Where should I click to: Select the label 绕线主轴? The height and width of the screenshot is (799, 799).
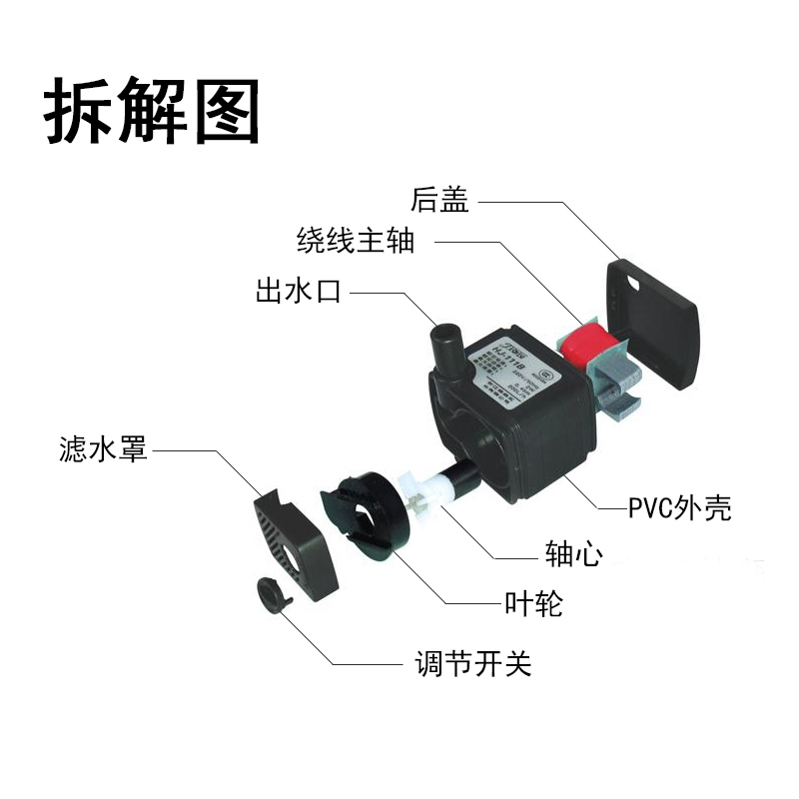[x=355, y=241]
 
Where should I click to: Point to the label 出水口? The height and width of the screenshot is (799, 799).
[x=299, y=293]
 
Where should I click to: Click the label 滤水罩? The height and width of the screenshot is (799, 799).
[x=102, y=450]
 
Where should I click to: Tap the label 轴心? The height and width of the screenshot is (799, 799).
[x=572, y=554]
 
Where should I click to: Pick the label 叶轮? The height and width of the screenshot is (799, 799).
[x=534, y=604]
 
